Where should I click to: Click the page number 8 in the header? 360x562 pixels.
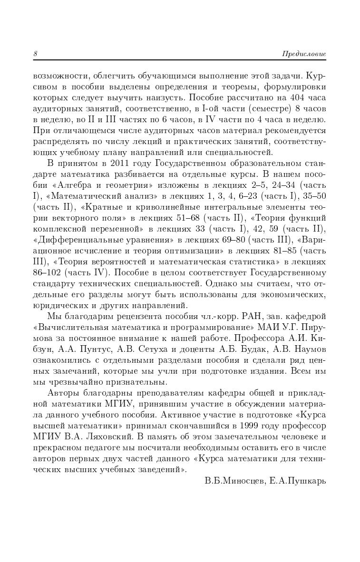coord(35,54)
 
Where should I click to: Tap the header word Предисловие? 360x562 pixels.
coord(304,54)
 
